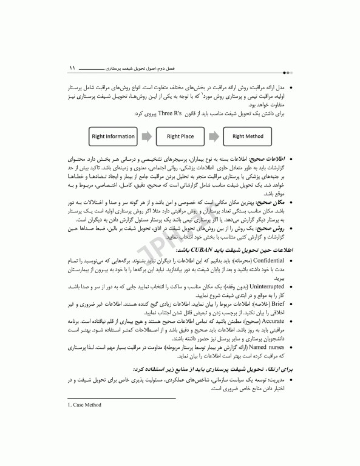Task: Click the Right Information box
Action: click(x=113, y=137)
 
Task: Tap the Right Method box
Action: click(x=248, y=137)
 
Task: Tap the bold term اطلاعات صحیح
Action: click(x=275, y=158)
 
